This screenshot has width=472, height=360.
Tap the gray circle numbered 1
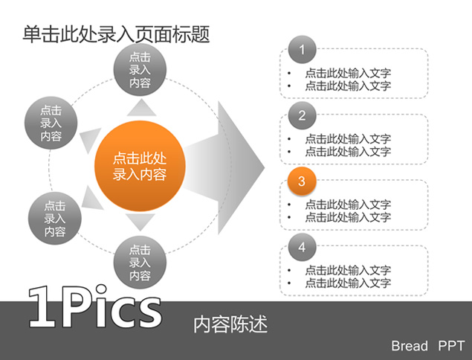pyautogui.click(x=302, y=50)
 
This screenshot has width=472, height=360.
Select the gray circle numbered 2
pyautogui.click(x=302, y=115)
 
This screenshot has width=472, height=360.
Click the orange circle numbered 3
pyautogui.click(x=302, y=181)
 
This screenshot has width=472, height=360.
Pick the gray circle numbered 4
pyautogui.click(x=302, y=247)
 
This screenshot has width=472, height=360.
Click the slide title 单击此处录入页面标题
pyautogui.click(x=116, y=33)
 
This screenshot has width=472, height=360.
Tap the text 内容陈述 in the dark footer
pyautogui.click(x=230, y=324)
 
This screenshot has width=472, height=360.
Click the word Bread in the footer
pyautogui.click(x=410, y=346)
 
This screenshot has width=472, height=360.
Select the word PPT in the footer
pyautogui.click(x=451, y=346)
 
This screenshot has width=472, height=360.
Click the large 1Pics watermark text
pyautogui.click(x=94, y=306)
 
